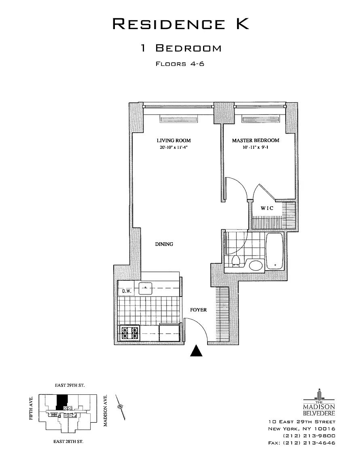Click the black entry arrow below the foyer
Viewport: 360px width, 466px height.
[x=196, y=351]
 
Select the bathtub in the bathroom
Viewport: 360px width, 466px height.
[x=275, y=251]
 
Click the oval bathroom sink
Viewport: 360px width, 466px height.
[x=256, y=265]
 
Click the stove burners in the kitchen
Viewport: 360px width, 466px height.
[x=130, y=333]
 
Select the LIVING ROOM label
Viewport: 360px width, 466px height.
[x=174, y=140]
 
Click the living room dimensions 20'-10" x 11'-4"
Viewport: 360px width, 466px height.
[x=174, y=147]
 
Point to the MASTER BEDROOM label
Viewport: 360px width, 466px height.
[x=255, y=140]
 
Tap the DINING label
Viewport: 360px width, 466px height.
[x=164, y=244]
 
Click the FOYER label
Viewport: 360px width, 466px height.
[x=199, y=310]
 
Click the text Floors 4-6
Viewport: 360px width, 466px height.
[x=180, y=64]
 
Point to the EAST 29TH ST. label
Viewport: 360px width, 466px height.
[x=70, y=386]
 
